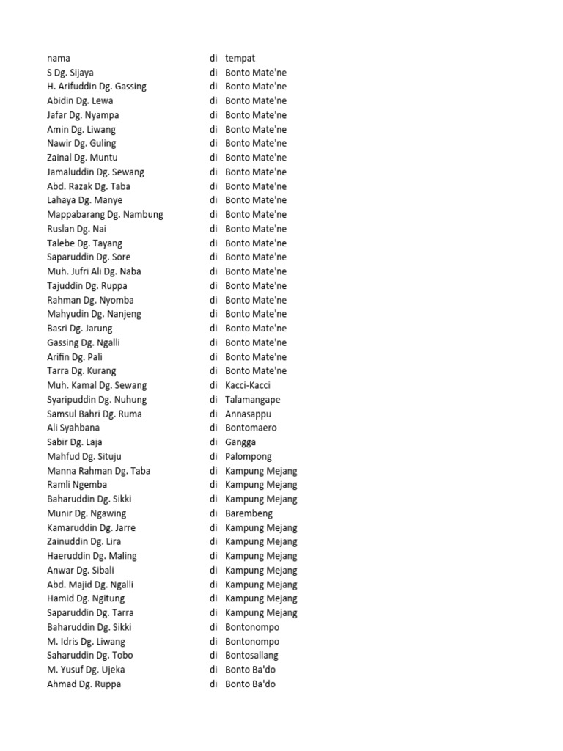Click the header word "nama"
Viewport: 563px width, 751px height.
click(x=59, y=58)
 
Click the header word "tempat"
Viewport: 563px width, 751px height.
click(x=240, y=58)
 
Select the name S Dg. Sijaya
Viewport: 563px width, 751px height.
click(x=70, y=73)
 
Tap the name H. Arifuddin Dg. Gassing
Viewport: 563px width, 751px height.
click(x=97, y=87)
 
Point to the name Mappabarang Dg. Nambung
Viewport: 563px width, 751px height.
click(x=105, y=215)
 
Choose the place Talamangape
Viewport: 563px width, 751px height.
click(x=252, y=400)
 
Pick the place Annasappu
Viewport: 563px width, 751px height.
click(x=248, y=414)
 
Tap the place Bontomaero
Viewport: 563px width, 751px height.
click(x=251, y=428)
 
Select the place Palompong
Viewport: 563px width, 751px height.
click(x=249, y=456)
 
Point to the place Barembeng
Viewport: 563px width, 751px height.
click(x=249, y=513)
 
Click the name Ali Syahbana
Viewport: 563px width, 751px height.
click(x=73, y=428)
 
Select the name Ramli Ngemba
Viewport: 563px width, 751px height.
click(x=77, y=485)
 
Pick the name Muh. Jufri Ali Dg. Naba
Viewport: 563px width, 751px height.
click(x=94, y=271)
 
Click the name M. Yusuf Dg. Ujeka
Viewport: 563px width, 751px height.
click(x=86, y=670)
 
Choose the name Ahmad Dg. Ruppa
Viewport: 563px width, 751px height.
click(x=84, y=684)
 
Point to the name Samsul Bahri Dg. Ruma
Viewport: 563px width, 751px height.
click(x=95, y=414)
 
